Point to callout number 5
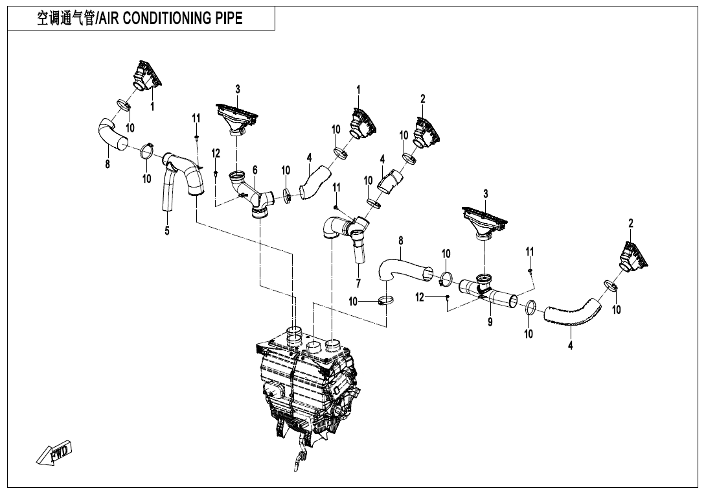(167, 231)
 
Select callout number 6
(255, 170)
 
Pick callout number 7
(358, 283)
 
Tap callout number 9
(490, 322)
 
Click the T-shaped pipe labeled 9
(487, 292)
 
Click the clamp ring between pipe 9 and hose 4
(529, 307)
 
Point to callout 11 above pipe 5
(196, 117)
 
